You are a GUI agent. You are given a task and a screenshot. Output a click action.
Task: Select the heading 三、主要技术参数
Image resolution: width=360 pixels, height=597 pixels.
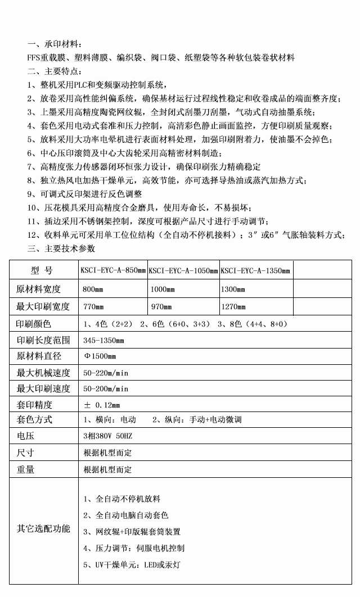(61, 248)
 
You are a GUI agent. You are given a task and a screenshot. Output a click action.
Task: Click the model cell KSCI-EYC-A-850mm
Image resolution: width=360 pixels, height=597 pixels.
(114, 272)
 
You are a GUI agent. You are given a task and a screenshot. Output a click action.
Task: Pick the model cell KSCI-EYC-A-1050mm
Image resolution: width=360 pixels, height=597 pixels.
(183, 272)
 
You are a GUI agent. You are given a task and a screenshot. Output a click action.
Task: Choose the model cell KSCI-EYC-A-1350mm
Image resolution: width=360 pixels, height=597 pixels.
(255, 272)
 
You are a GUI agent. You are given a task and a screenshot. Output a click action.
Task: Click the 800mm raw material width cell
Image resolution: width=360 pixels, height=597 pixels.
(93, 290)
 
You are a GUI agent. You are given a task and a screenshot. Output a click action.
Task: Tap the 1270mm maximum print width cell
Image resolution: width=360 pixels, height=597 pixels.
(234, 307)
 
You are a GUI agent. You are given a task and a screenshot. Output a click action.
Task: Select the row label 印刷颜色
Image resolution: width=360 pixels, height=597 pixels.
(34, 324)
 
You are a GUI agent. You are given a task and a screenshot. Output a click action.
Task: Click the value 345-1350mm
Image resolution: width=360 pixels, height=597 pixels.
(103, 340)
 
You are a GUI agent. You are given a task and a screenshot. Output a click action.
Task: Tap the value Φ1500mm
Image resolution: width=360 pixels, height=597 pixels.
(100, 356)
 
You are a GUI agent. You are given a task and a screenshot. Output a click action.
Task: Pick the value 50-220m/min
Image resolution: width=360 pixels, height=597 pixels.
(106, 373)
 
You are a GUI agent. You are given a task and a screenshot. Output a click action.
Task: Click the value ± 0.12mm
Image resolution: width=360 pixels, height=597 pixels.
(101, 405)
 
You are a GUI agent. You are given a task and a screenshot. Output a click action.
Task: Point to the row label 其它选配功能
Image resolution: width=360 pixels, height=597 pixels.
(43, 528)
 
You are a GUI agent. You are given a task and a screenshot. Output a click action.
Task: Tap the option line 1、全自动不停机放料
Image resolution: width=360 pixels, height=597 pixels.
(121, 499)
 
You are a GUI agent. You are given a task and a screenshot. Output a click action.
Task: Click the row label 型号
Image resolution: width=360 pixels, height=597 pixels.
(42, 271)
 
